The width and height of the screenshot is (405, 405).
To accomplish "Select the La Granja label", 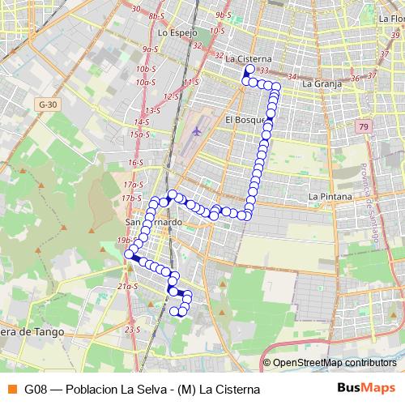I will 318,83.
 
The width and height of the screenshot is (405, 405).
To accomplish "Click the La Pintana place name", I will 330,197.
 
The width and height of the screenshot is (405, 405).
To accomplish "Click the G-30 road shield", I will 49,104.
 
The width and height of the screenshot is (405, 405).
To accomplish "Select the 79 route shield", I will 364,126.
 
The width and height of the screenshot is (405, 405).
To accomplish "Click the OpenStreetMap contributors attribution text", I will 335,363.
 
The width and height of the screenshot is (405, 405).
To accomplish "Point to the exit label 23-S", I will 132,330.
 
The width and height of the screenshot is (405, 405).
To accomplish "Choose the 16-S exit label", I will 134,163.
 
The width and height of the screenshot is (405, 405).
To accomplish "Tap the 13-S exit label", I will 151,110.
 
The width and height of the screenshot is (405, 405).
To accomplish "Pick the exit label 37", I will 372,75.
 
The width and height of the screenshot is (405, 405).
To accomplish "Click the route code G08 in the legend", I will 35,389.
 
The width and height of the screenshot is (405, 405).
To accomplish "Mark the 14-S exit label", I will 143,122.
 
